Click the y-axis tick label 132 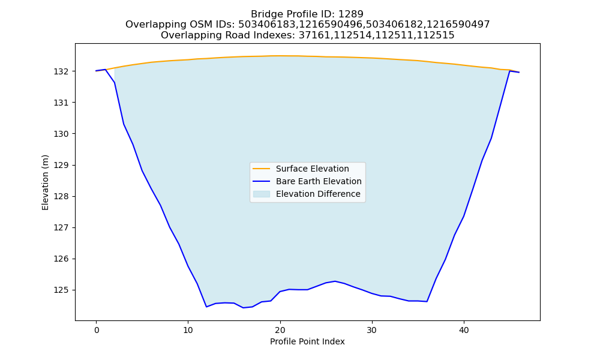coord(61,71)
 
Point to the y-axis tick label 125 coord(61,290)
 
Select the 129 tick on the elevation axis coord(61,165)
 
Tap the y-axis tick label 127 coord(61,227)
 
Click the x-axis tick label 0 coord(96,330)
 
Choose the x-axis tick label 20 coord(280,330)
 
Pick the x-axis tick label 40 coord(464,330)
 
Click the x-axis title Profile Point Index coord(307,341)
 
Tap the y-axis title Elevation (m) coord(45,182)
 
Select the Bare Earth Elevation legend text coord(319,181)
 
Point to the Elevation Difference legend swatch coord(262,194)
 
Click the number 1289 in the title coord(351,14)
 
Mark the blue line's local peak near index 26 coord(335,281)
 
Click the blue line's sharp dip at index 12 coord(206,307)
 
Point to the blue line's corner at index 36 coord(427,301)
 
